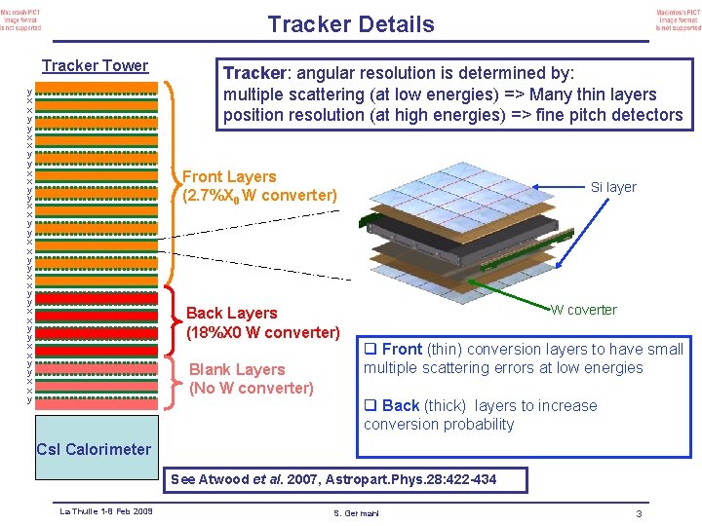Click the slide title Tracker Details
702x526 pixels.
click(x=350, y=24)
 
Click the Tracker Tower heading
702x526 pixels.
click(x=95, y=66)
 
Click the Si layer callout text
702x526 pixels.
click(x=613, y=187)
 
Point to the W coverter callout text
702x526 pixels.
click(x=583, y=310)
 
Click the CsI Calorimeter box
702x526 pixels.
click(x=93, y=449)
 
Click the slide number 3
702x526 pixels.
click(x=638, y=513)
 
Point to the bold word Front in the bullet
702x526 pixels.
click(x=402, y=349)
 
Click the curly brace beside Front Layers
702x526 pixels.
click(x=173, y=186)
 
